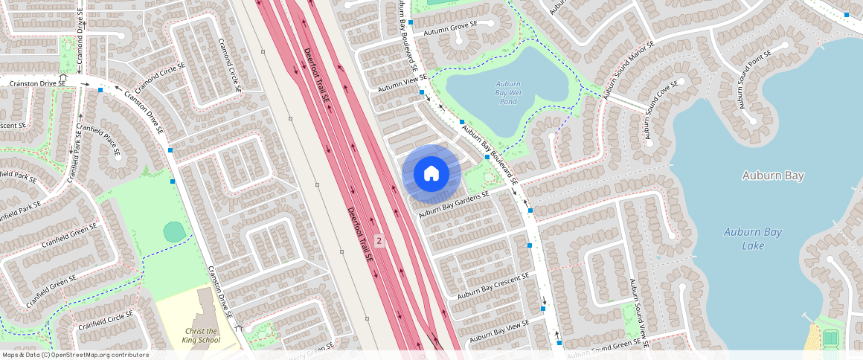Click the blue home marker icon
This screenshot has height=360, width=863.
431,174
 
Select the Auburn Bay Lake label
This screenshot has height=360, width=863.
753,239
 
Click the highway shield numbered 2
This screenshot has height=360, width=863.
379,240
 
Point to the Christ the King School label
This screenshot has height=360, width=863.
201,335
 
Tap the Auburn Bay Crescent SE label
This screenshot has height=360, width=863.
493,286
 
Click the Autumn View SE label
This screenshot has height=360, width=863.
402,83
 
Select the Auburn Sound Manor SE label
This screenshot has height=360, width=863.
629,71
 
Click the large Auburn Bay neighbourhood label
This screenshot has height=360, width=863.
773,176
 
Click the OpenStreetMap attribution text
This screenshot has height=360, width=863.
75,355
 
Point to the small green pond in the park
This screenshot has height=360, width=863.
174,231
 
